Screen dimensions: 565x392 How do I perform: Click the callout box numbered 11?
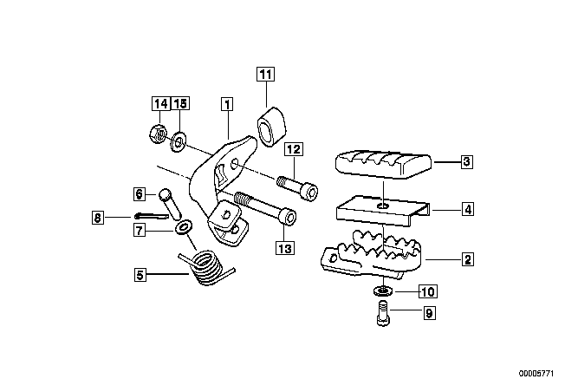[265, 75]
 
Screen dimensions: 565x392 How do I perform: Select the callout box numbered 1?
[227, 104]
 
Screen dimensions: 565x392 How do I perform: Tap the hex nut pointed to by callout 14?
[158, 134]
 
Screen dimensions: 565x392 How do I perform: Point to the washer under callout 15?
[178, 142]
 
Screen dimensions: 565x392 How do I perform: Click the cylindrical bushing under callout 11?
[271, 127]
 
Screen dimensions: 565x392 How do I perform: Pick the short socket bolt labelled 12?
[297, 186]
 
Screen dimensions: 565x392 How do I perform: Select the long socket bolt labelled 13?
[265, 210]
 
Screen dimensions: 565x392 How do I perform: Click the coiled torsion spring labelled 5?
[207, 268]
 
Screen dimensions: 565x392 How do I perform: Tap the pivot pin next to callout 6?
[171, 203]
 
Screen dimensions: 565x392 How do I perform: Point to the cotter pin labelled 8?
[152, 216]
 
